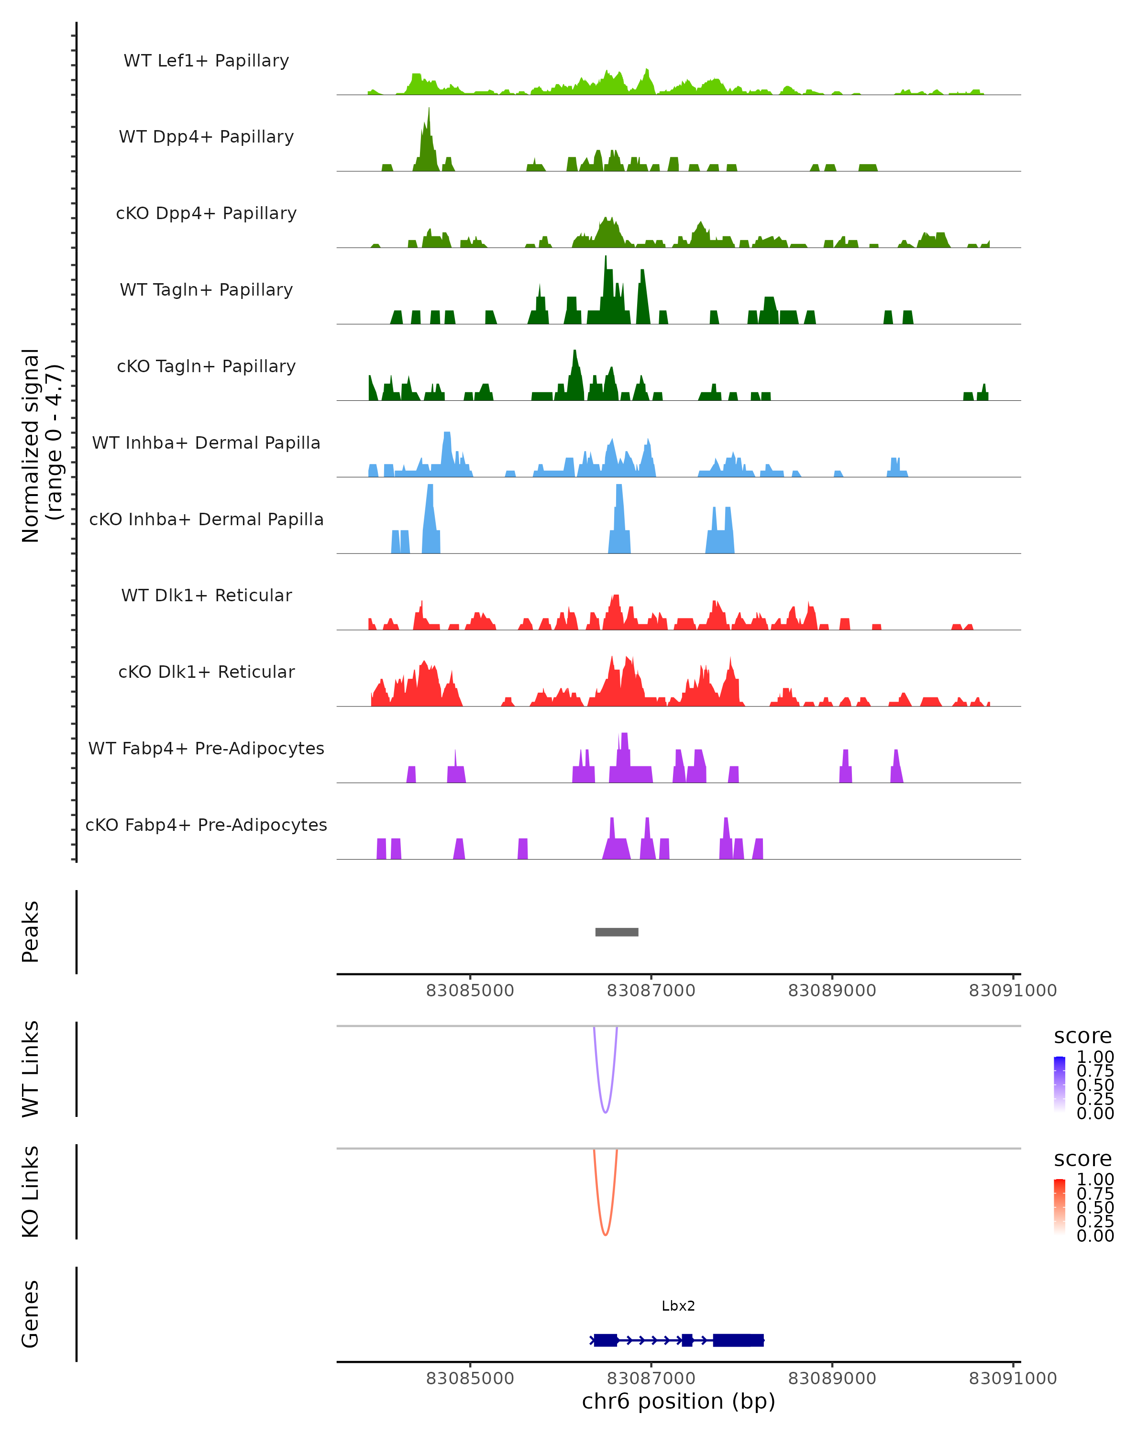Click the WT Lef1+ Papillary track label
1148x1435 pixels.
206,61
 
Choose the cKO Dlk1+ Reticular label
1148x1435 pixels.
206,672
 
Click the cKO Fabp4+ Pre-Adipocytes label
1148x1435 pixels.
206,825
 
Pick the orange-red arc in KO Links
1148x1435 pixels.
605,1234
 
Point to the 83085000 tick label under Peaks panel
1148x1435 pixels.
470,991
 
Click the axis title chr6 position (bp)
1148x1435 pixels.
678,1402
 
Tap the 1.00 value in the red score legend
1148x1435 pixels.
1095,1180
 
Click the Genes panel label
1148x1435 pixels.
30,1314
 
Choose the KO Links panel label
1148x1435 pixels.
30,1192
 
